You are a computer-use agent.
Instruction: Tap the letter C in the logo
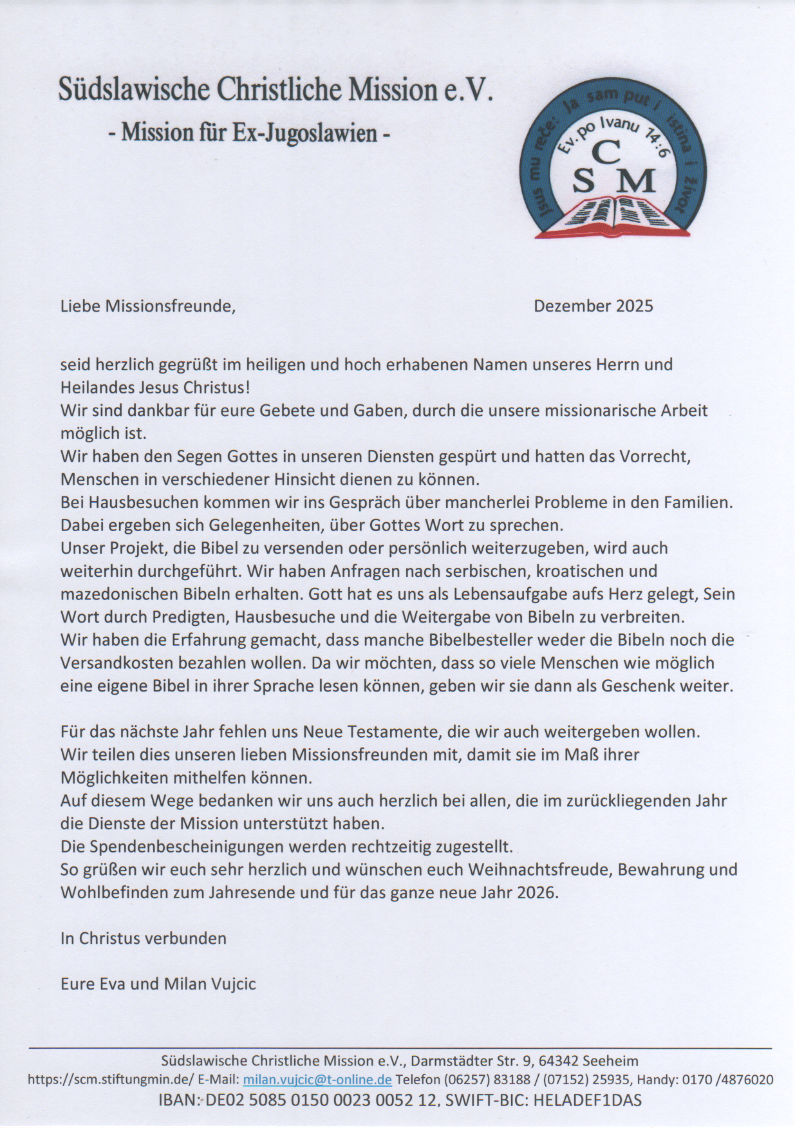pos(605,152)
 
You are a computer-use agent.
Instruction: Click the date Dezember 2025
pos(593,306)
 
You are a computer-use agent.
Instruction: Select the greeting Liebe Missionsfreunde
pos(147,306)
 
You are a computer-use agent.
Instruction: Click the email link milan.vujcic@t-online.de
pos(317,1080)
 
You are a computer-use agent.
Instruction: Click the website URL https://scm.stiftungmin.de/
pos(110,1080)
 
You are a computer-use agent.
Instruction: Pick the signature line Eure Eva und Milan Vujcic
pos(158,984)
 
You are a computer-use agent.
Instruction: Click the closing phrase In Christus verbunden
pos(143,938)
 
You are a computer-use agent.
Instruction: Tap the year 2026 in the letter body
pos(536,892)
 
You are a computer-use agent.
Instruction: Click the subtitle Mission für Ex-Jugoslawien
pos(248,133)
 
